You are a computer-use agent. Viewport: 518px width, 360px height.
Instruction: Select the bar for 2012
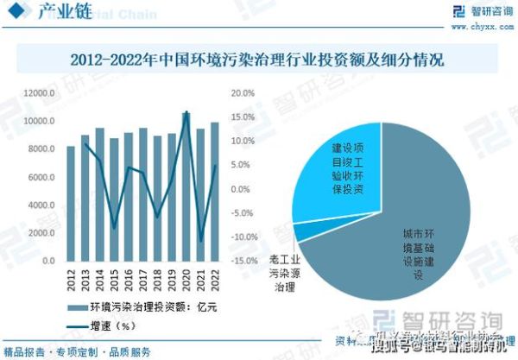(71, 203)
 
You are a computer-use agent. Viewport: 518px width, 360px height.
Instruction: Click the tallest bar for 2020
(186, 186)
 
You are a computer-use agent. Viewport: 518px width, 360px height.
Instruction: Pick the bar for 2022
(214, 192)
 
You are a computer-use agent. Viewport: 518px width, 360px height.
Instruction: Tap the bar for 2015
(114, 199)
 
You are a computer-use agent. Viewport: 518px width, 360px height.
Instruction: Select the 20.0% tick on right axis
(243, 92)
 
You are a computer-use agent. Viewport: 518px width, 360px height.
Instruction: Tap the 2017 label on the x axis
(142, 279)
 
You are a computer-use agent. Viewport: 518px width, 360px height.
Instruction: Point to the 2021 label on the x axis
(200, 279)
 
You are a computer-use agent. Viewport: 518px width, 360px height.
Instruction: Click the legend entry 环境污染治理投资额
(142, 307)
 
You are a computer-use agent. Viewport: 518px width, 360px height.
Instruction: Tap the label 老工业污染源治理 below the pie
(284, 272)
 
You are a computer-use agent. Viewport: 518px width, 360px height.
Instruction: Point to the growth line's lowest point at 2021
(200, 241)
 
